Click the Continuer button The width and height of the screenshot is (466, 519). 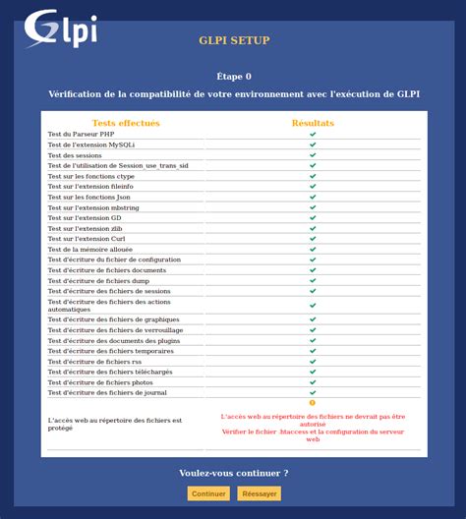(208, 493)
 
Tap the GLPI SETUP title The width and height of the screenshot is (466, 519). (234, 40)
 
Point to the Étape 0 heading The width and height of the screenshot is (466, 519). (234, 76)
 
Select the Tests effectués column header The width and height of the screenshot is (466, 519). (126, 123)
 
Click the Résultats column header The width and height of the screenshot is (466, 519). (313, 123)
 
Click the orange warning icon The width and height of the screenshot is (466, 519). (313, 403)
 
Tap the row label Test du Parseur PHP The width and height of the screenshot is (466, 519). (82, 134)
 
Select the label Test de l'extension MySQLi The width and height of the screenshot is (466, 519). (91, 144)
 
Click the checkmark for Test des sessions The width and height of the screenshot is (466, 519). (313, 155)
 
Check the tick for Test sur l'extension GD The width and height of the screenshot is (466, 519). (313, 217)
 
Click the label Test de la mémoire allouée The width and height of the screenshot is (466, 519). (90, 250)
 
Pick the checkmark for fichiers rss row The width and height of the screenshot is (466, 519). (313, 361)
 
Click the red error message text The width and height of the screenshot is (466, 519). (313, 428)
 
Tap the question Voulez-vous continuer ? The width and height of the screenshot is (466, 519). (234, 473)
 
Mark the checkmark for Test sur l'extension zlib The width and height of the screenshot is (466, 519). (313, 228)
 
